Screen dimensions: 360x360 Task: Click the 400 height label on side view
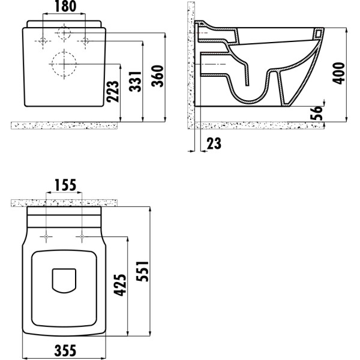pos(339,73)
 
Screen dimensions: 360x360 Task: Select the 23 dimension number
pos(214,143)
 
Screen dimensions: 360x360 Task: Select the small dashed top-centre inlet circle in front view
pos(64,33)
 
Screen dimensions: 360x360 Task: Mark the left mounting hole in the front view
pos(43,41)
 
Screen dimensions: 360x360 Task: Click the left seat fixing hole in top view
pos(46,237)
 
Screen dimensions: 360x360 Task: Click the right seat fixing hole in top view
pos(79,237)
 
